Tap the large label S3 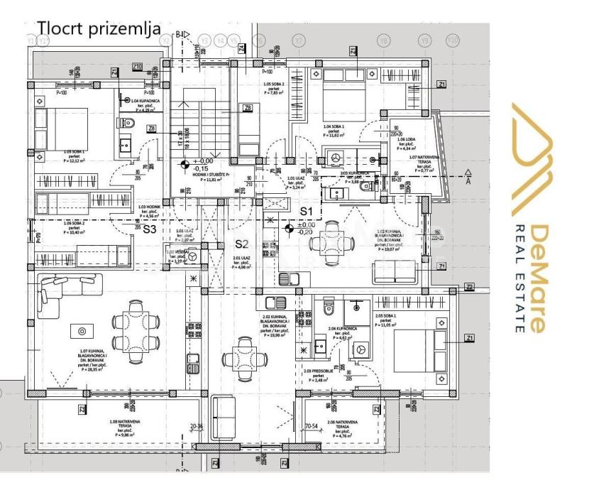[x=150, y=229]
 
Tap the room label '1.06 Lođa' [x=407, y=143]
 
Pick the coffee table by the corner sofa [x=82, y=331]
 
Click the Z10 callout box [x=138, y=67]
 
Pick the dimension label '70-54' [x=310, y=427]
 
